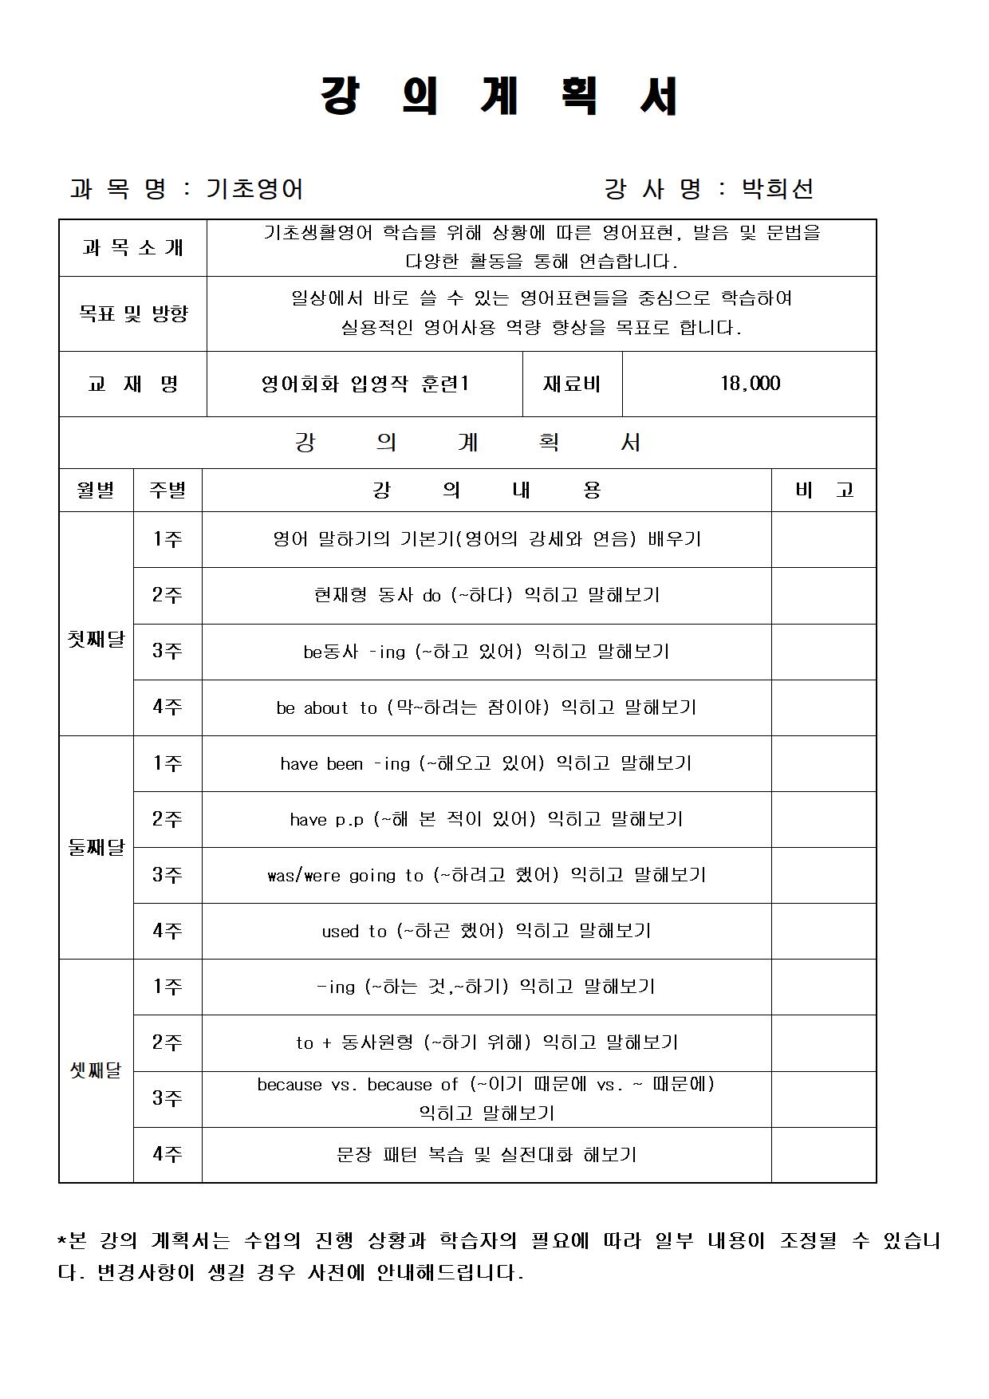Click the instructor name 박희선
pyautogui.click(x=777, y=189)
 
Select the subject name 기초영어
pyautogui.click(x=254, y=189)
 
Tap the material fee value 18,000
pyautogui.click(x=750, y=384)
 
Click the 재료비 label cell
pyautogui.click(x=572, y=384)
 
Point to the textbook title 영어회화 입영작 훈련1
pyautogui.click(x=364, y=384)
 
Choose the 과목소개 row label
pyautogui.click(x=132, y=248)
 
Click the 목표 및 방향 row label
pyautogui.click(x=132, y=313)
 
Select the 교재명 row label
pyautogui.click(x=132, y=384)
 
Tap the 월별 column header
pyautogui.click(x=96, y=490)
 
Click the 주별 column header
pyautogui.click(x=167, y=490)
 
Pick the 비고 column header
pyautogui.click(x=824, y=490)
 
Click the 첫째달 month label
pyautogui.click(x=96, y=639)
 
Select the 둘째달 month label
pyautogui.click(x=96, y=847)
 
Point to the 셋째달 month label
pyautogui.click(x=96, y=1070)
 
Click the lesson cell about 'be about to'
pyautogui.click(x=487, y=707)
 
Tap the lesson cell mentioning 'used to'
pyautogui.click(x=487, y=931)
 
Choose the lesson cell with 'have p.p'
pyautogui.click(x=487, y=819)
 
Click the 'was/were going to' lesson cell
pyautogui.click(x=487, y=875)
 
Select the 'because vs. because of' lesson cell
pyautogui.click(x=487, y=1098)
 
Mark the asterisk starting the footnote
pyautogui.click(x=63, y=1239)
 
